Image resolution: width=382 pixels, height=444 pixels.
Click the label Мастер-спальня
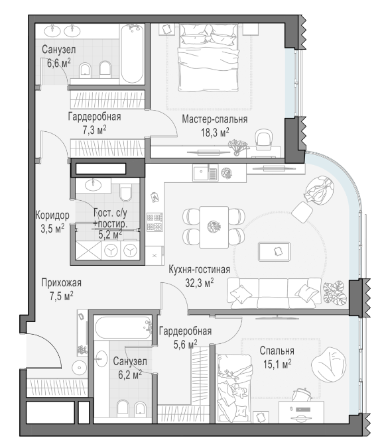[214, 119]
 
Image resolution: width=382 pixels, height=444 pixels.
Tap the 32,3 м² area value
[200, 282]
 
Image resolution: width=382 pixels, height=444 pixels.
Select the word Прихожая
[61, 282]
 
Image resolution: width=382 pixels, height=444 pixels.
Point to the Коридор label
[52, 215]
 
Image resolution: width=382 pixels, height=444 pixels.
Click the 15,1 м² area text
[277, 364]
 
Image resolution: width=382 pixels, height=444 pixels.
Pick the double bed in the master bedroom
[208, 58]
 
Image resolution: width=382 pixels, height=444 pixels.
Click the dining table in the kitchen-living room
[214, 227]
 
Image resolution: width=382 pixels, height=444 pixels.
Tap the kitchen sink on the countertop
[205, 173]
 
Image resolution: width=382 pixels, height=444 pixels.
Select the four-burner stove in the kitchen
[155, 222]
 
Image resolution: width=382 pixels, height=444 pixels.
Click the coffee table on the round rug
[274, 251]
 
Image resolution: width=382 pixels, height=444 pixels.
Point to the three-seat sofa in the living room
[274, 293]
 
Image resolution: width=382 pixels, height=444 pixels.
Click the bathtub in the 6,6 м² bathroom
[132, 54]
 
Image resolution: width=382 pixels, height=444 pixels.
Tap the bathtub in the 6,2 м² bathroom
[123, 327]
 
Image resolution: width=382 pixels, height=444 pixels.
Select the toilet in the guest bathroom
[125, 192]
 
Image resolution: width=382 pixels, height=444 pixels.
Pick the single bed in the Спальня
[234, 388]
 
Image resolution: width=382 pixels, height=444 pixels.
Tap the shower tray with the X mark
[88, 250]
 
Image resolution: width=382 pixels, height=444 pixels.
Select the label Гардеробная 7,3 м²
[95, 123]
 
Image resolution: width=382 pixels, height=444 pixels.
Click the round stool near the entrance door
[80, 368]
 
